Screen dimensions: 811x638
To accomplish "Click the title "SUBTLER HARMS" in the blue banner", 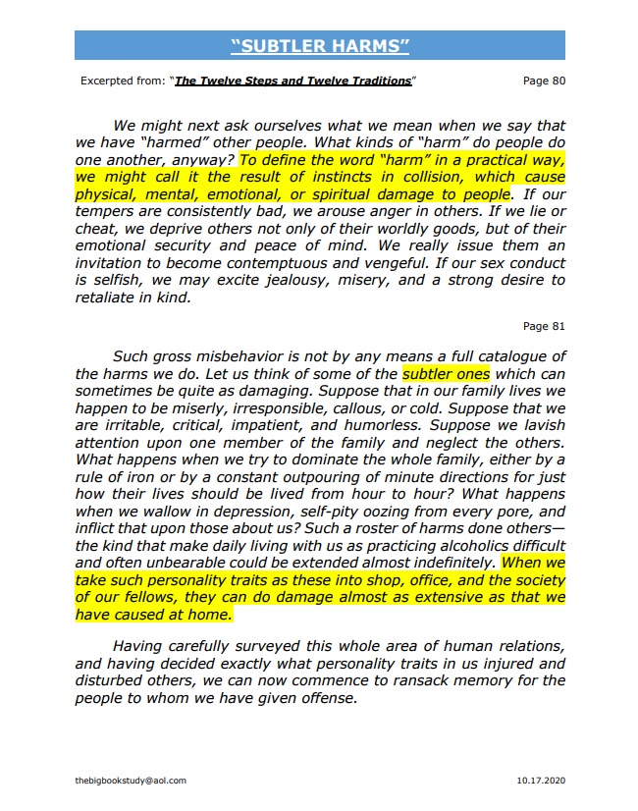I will click(319, 45).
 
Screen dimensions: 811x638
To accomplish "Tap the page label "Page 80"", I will click(544, 81).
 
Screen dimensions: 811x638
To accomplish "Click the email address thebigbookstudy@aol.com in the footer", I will click(131, 781).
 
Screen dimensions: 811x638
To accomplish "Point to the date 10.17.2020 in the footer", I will click(541, 781).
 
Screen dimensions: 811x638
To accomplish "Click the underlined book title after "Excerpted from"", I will click(293, 81).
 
